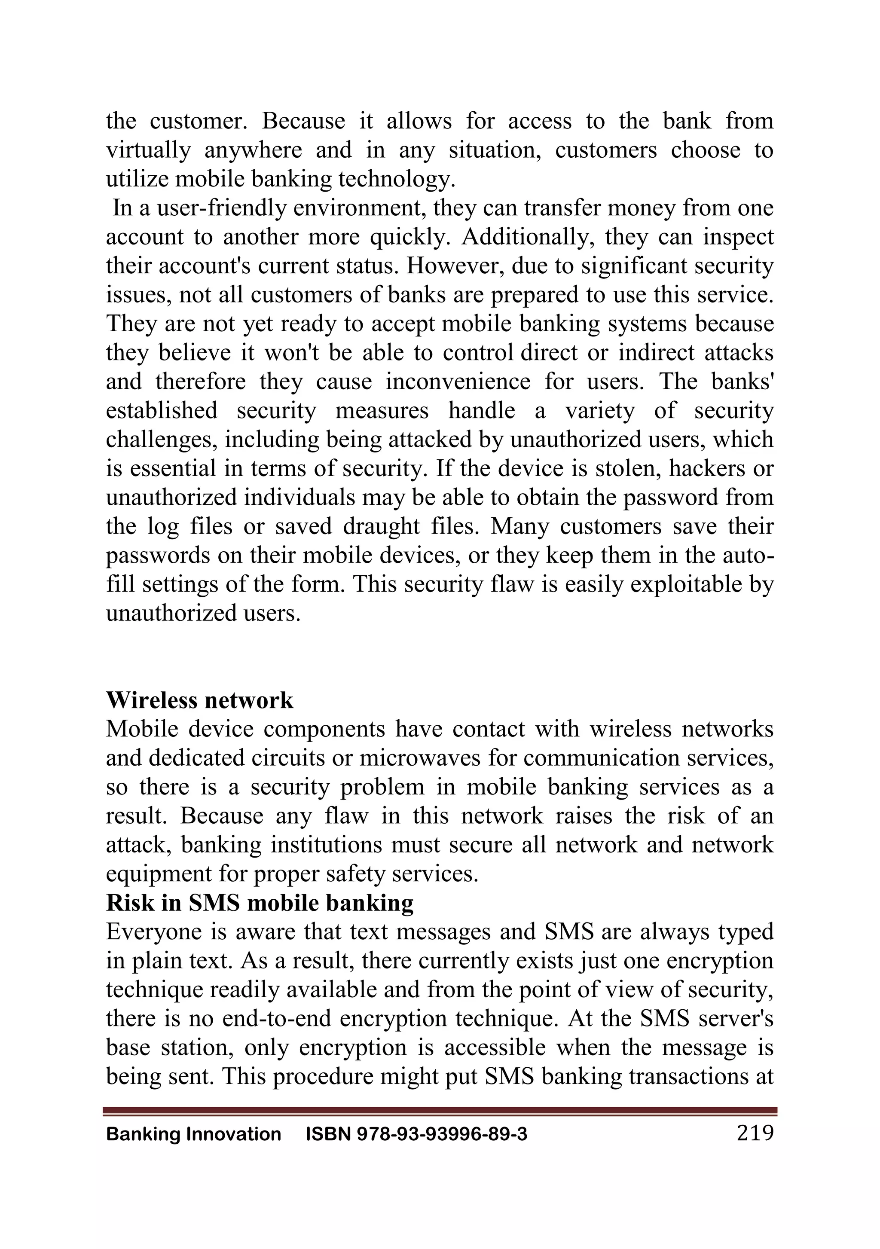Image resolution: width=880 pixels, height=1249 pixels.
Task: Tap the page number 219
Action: pyautogui.click(x=755, y=1133)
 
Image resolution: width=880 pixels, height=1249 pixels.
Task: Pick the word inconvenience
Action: pyautogui.click(x=458, y=382)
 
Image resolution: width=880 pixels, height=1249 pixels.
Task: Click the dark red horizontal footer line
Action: pyautogui.click(x=440, y=1110)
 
